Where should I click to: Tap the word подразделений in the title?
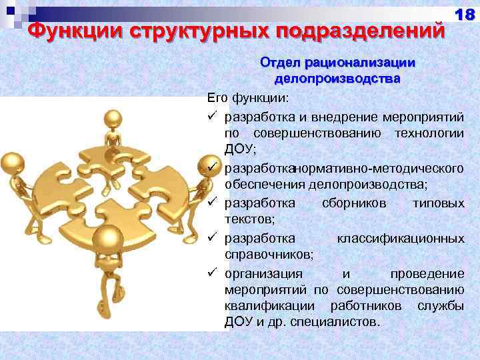tap(363, 31)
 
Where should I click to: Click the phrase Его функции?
tap(247, 99)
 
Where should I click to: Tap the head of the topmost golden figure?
tap(114, 121)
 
